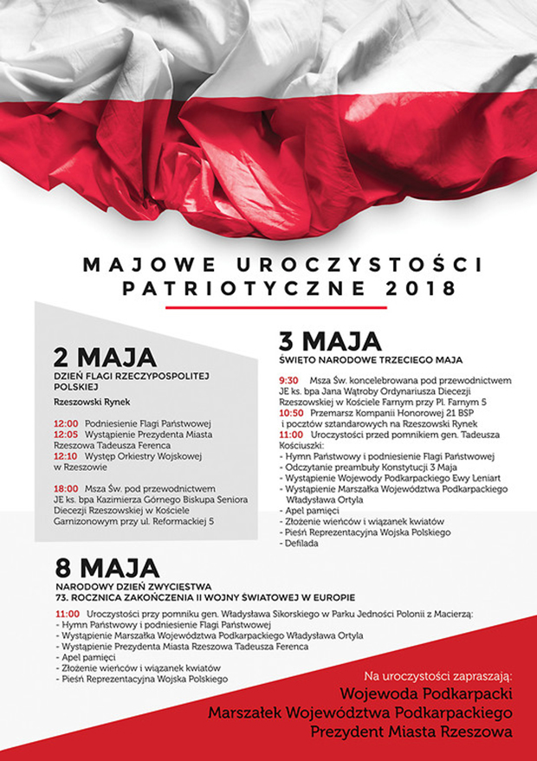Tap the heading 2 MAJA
click(x=105, y=357)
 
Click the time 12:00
click(x=65, y=424)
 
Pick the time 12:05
click(x=65, y=435)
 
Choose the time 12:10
click(x=65, y=455)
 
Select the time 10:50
click(x=291, y=413)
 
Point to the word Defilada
click(x=301, y=543)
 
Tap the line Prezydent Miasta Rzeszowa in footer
click(x=414, y=732)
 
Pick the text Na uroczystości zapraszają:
click(x=438, y=674)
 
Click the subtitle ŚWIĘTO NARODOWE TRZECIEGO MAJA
click(x=371, y=358)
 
